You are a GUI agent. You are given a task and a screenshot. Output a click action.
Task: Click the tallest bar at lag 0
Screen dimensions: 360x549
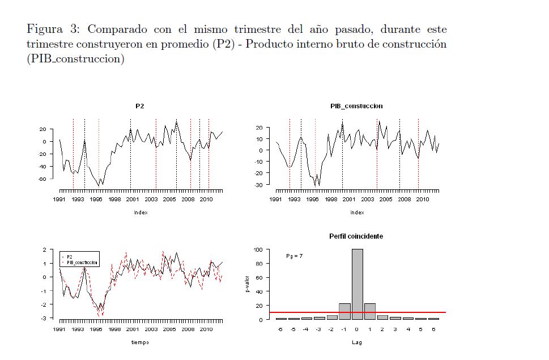click(x=357, y=283)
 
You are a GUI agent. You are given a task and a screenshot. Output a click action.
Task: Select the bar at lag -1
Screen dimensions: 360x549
click(x=344, y=311)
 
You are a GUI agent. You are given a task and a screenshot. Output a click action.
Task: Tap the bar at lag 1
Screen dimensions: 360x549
click(x=369, y=311)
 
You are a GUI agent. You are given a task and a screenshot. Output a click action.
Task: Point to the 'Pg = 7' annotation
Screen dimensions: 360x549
click(x=294, y=256)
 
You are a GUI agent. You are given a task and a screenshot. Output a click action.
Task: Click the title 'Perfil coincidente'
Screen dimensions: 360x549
click(x=356, y=236)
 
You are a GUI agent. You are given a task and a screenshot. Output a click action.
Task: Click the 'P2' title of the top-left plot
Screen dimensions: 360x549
click(x=140, y=106)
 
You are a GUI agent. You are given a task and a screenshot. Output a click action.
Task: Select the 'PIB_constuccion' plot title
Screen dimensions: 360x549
click(x=356, y=106)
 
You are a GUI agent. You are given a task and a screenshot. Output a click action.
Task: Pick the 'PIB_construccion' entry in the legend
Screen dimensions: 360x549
click(x=82, y=263)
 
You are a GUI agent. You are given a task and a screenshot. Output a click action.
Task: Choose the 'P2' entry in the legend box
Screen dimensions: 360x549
click(x=70, y=257)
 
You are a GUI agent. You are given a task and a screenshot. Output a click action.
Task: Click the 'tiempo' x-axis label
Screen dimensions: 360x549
click(x=140, y=342)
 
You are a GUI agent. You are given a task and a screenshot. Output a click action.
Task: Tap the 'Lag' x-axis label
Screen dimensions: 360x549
click(x=356, y=342)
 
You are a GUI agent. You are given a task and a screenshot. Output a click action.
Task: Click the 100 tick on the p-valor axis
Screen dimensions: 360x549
click(x=258, y=249)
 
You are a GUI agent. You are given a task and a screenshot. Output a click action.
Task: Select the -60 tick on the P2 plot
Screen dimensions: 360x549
click(x=42, y=179)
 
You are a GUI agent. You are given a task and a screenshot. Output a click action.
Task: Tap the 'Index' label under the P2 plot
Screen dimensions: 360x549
click(x=140, y=213)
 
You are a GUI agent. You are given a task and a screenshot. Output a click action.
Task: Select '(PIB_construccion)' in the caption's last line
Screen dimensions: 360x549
click(x=75, y=60)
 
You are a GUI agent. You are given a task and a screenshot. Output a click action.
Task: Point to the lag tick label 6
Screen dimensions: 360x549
click(x=433, y=329)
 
